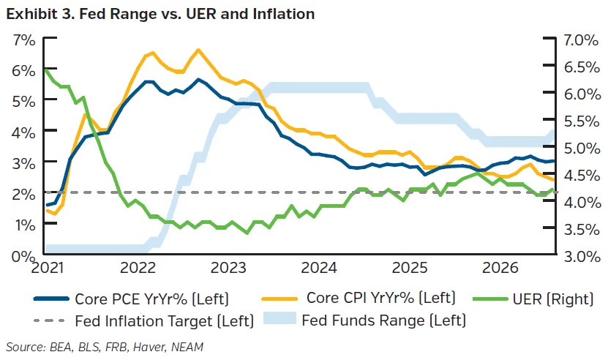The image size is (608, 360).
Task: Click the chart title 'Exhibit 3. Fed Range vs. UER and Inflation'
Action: pos(160,14)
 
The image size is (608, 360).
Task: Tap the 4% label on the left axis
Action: pos(24,132)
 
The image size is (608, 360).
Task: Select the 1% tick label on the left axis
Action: pos(25,225)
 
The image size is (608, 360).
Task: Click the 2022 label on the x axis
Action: pos(138,268)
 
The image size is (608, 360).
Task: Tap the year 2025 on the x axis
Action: pos(410,268)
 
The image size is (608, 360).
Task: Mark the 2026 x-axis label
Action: pos(500,268)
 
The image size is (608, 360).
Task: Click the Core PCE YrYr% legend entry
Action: pos(132,299)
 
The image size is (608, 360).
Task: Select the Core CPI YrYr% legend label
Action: pos(359,298)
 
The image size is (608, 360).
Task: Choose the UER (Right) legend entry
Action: pos(533,299)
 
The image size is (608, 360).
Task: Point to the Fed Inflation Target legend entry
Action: pos(144,320)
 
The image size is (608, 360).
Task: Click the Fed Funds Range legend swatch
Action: pos(279,318)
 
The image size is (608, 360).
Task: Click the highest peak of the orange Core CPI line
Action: pos(198,50)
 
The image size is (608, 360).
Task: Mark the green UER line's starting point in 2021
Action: pos(46,70)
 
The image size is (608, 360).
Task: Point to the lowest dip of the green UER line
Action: pos(247,233)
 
